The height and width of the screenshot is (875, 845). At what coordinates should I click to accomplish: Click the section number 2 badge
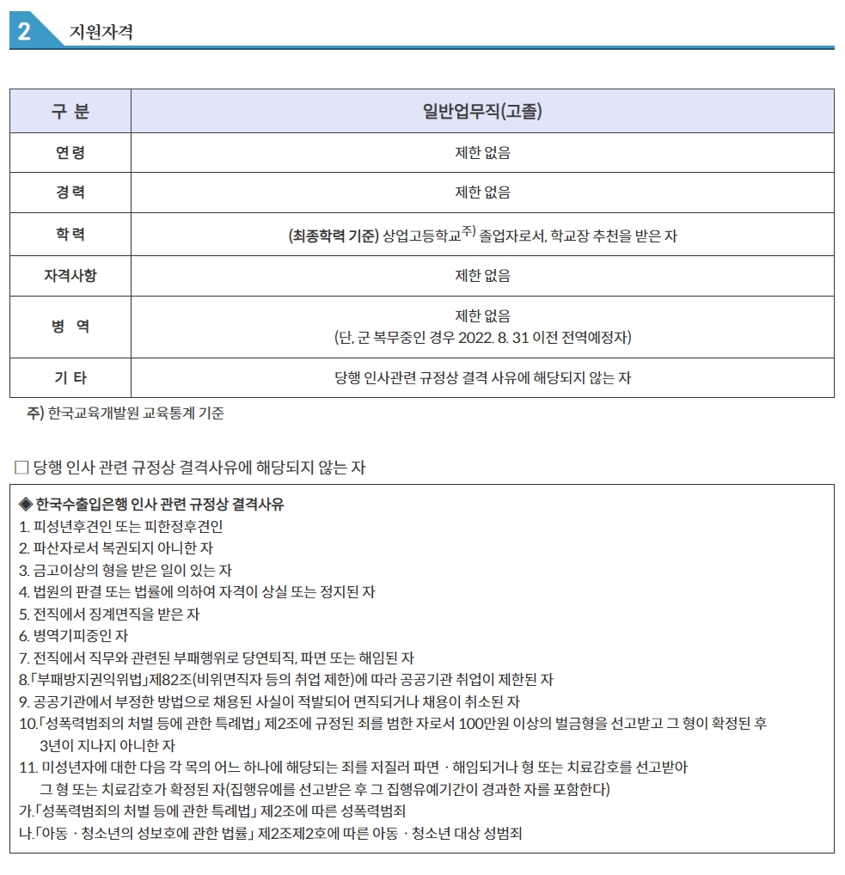click(x=24, y=32)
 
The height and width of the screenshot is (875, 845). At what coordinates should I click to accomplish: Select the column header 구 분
click(x=70, y=112)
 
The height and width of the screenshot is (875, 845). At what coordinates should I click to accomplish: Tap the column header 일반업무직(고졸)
click(x=482, y=112)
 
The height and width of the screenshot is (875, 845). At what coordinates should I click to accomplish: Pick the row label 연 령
click(x=70, y=153)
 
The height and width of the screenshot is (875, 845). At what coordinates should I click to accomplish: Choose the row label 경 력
click(x=70, y=193)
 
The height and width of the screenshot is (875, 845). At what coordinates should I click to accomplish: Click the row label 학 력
click(x=70, y=234)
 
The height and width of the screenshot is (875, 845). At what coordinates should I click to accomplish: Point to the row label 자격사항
click(x=70, y=276)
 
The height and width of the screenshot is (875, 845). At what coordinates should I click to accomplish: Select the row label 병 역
click(x=70, y=327)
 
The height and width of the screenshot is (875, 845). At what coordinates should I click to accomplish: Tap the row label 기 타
click(x=70, y=377)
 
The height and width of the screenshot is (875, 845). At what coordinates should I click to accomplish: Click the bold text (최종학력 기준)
click(x=334, y=236)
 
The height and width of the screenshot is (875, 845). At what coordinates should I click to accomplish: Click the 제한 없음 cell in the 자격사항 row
click(x=482, y=276)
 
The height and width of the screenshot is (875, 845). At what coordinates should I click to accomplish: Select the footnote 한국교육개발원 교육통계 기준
click(x=136, y=413)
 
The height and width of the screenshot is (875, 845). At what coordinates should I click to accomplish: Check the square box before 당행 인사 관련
click(x=22, y=468)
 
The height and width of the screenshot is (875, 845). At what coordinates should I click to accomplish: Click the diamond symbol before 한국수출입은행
click(x=25, y=504)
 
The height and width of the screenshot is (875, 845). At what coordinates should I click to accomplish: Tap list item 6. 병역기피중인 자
click(x=73, y=636)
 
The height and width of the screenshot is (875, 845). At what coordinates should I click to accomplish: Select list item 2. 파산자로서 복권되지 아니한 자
click(x=116, y=548)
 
